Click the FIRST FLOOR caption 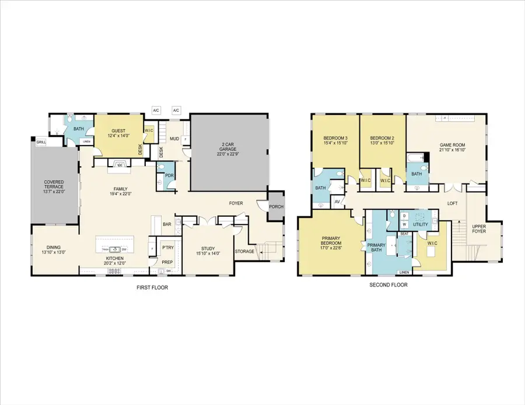(x=152, y=287)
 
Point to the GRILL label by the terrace (x=41, y=142)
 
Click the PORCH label (x=275, y=207)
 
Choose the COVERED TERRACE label (x=54, y=186)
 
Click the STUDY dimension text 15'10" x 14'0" (x=208, y=253)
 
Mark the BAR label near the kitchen (x=167, y=224)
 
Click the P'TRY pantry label (x=169, y=247)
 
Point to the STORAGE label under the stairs (x=244, y=252)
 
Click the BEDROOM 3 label (x=335, y=138)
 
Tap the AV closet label (x=337, y=202)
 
